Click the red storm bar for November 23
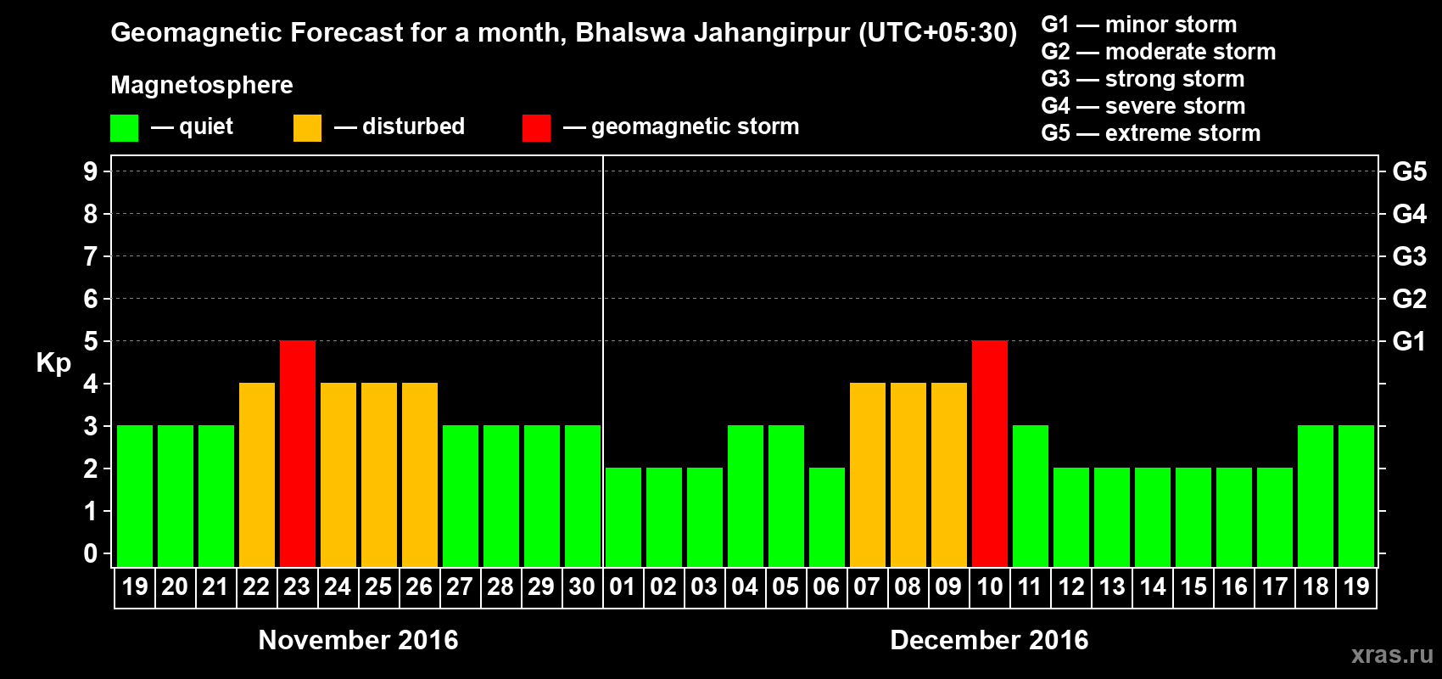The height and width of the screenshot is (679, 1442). pos(298,453)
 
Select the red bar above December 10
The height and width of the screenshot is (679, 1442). pos(990,453)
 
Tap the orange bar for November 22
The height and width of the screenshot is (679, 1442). pos(257,474)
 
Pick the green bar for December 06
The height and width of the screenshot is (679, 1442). pos(827,517)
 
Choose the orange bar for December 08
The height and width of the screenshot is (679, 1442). pos(908,474)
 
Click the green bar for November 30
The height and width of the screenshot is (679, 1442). pos(583,496)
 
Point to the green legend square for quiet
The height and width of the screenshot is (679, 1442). pos(125,128)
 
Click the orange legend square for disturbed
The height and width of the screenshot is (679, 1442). pos(307,128)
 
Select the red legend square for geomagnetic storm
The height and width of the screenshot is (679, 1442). pos(536,128)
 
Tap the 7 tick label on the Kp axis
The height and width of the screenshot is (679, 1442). pos(91,256)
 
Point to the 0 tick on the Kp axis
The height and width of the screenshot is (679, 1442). pos(91,553)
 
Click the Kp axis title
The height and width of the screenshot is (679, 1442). pos(53,363)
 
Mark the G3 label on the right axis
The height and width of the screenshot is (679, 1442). pos(1409,256)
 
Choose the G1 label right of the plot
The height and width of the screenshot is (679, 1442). pos(1409,341)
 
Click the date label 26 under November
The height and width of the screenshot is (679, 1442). pos(419,586)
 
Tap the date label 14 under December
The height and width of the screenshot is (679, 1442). pos(1153,586)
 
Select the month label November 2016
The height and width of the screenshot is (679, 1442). pos(358,640)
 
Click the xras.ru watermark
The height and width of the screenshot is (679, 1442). pos(1392,654)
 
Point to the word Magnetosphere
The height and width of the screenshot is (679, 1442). pos(202,85)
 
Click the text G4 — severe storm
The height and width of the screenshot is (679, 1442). pos(1143,106)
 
